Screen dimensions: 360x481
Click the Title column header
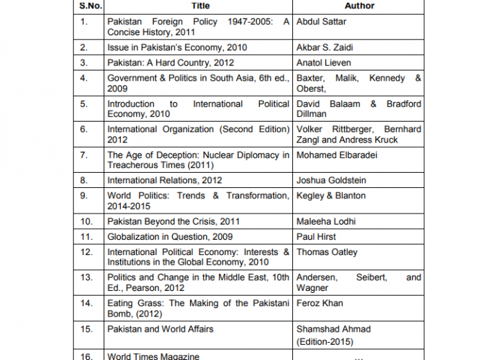point(200,6)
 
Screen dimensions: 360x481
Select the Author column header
point(359,6)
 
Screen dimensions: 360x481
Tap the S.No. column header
point(89,6)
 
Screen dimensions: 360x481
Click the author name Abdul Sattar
point(321,21)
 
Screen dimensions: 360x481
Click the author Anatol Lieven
point(323,63)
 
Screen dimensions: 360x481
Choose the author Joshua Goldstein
point(331,180)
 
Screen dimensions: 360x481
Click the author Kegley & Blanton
point(331,196)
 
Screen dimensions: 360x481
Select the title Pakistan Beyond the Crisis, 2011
point(173,221)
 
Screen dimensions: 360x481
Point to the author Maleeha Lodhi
point(326,221)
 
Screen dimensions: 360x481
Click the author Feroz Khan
point(319,303)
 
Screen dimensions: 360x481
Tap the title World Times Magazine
point(153,356)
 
